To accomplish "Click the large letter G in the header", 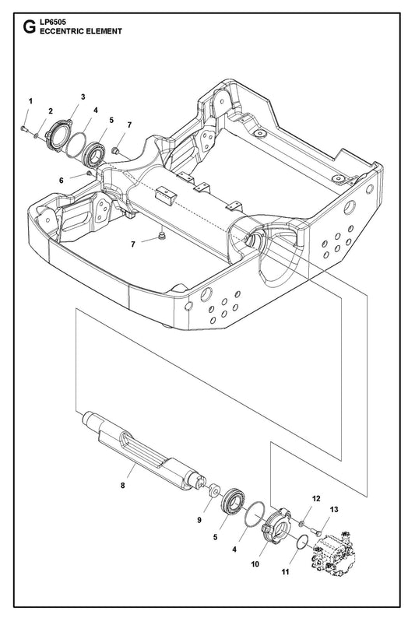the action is click(29, 27).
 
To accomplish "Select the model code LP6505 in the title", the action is click(53, 23).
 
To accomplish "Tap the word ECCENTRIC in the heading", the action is click(62, 31).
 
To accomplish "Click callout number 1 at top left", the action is click(30, 101).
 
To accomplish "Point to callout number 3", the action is click(83, 97).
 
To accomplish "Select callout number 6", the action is click(61, 181).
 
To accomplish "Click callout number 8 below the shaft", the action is click(122, 486).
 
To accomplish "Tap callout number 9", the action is click(199, 520).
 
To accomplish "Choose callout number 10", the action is click(255, 564).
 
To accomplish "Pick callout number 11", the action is click(285, 571).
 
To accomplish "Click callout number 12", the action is click(316, 499).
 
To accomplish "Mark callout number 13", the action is click(334, 510).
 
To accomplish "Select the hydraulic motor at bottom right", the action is click(333, 549).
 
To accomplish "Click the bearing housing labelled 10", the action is click(276, 526).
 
